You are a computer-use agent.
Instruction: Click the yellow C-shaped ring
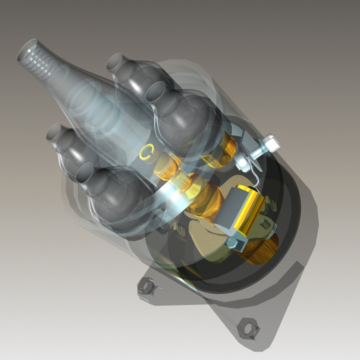click(x=146, y=152)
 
